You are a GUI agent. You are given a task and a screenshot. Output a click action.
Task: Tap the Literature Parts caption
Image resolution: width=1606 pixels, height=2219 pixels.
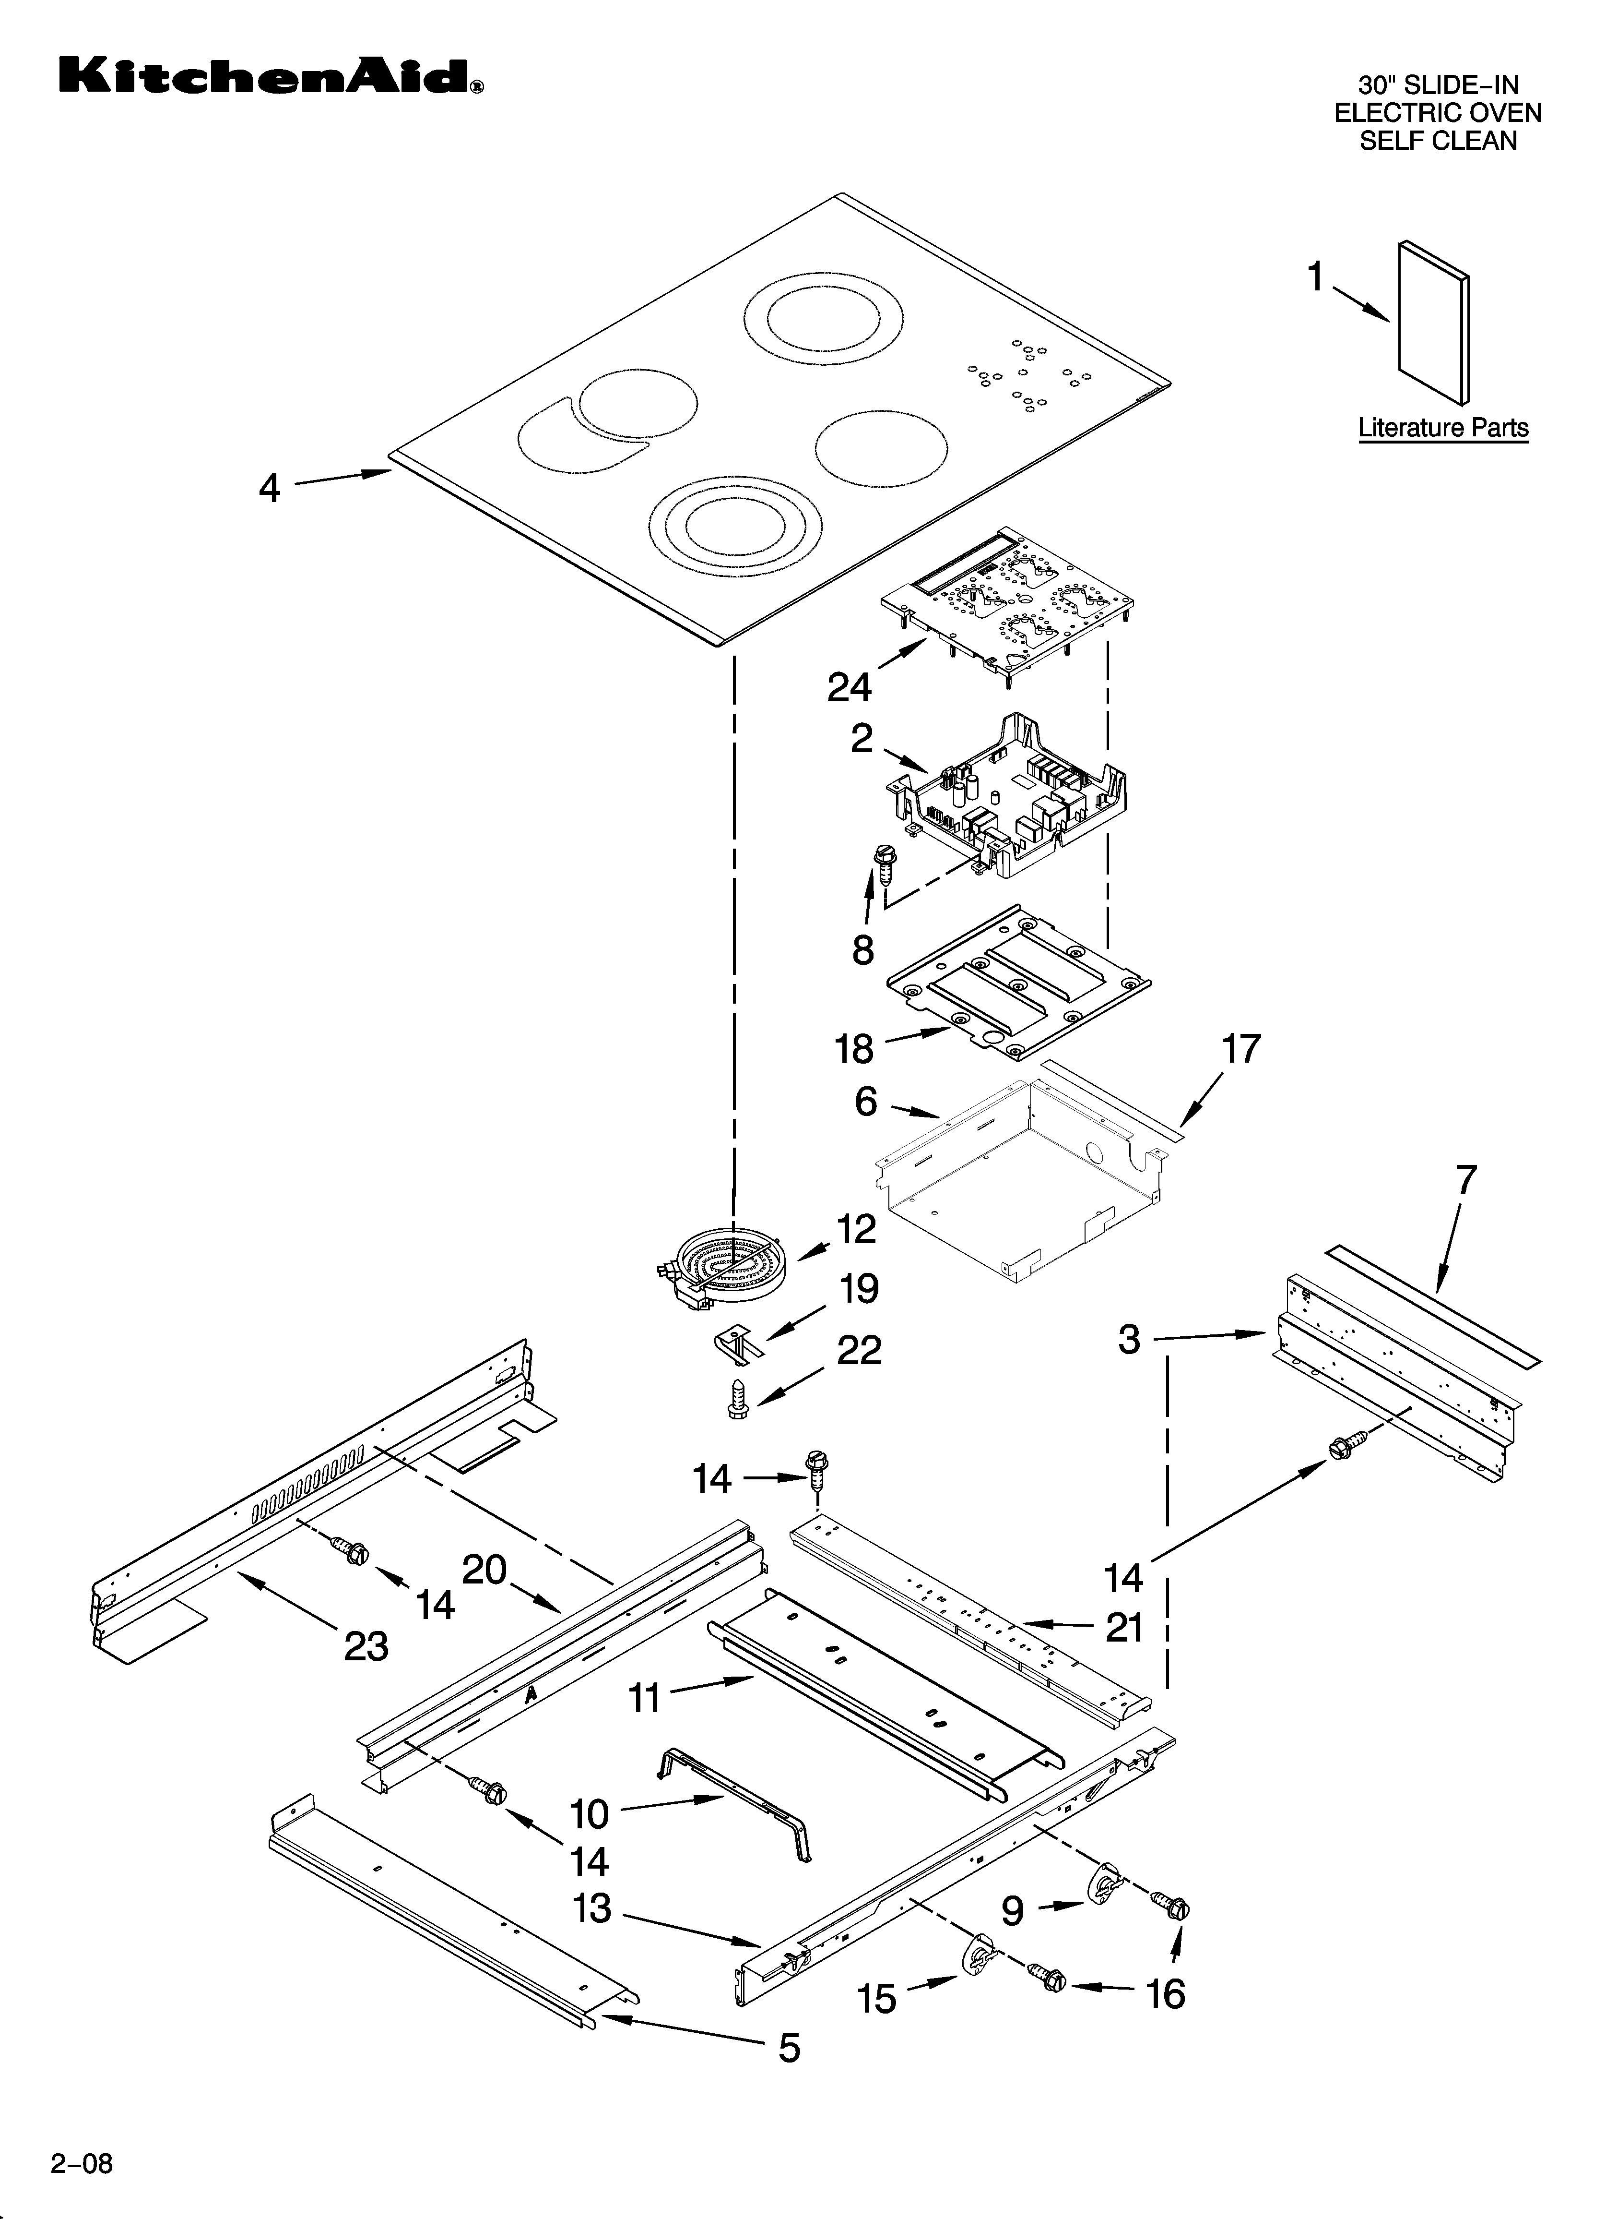click(x=1442, y=428)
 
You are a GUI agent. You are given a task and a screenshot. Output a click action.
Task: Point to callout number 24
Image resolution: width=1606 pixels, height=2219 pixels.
click(x=849, y=688)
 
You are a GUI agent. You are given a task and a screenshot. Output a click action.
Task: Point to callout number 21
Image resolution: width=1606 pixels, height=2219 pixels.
click(x=1125, y=1627)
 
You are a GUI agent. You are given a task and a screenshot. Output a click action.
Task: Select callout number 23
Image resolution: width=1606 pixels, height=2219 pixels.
click(x=367, y=1646)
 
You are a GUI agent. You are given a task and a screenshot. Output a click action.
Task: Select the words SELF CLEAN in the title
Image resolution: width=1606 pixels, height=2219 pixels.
click(x=1439, y=141)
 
